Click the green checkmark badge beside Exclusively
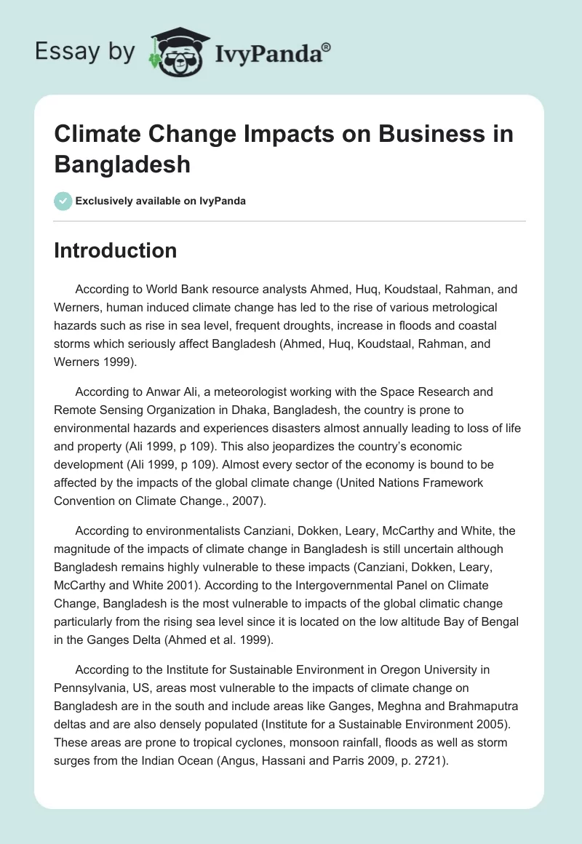pos(63,201)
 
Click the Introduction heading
pos(116,250)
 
